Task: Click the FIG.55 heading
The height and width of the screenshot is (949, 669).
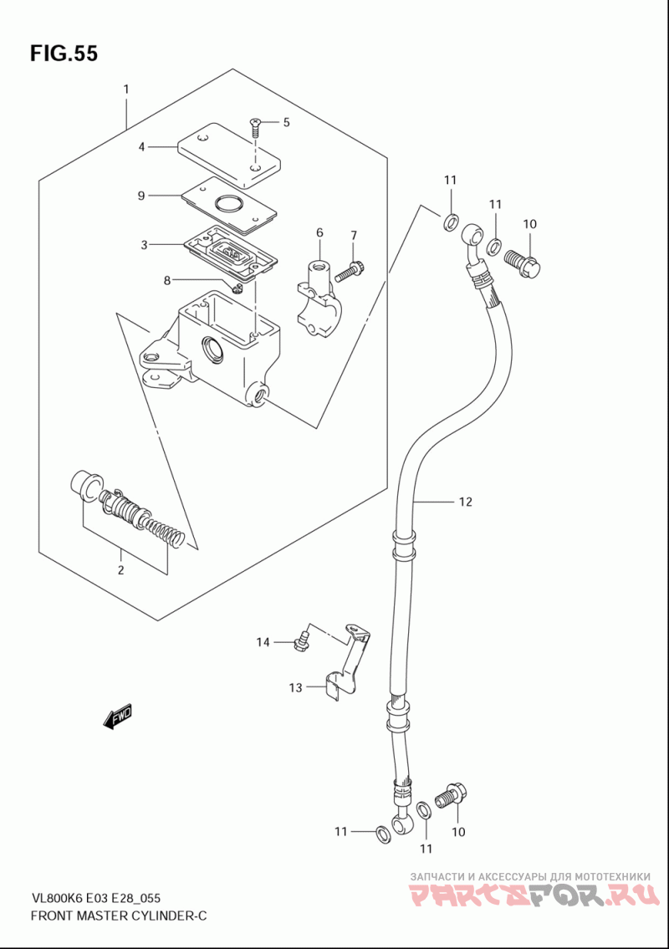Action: [64, 54]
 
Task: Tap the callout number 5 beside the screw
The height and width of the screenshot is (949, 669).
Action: [286, 123]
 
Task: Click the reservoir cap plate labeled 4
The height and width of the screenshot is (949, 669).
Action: [227, 156]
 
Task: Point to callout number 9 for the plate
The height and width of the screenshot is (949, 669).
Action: [141, 196]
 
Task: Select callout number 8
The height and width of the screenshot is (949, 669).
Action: [167, 280]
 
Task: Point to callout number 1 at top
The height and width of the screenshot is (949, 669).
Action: [126, 89]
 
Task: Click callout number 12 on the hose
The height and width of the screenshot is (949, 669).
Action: [465, 502]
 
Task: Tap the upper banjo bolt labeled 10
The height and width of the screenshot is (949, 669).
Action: [523, 263]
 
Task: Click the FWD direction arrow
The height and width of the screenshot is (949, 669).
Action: [118, 716]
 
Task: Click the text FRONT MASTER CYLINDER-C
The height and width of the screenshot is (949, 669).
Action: [118, 916]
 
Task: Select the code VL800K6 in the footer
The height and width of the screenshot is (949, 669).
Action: [56, 898]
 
